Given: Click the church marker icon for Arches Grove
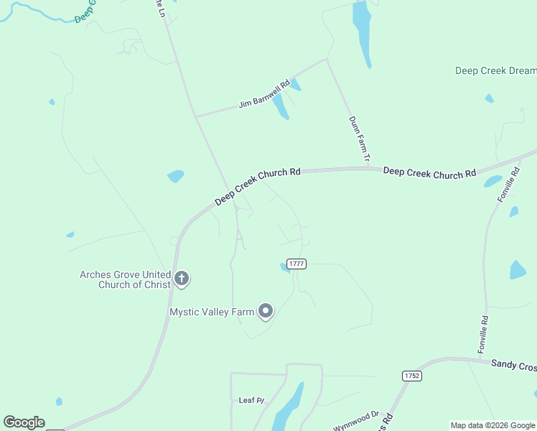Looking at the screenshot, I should pos(182,279).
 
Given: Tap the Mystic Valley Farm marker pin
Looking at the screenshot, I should pos(266,311).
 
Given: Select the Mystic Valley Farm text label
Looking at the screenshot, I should pos(212,312).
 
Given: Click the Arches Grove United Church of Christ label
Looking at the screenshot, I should pos(126,279).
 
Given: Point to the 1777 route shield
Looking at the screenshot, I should pos(296,264).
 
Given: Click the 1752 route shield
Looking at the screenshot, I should pos(411,376).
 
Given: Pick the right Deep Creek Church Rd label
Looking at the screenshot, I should pos(429,172).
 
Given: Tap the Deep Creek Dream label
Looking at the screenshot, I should pos(495,70).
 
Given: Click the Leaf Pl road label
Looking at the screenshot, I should pos(251,399).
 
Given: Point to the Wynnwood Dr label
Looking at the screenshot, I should pos(355,420).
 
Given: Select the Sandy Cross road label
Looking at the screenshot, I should pos(513,365).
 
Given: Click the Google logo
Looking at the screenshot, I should pos(24,422).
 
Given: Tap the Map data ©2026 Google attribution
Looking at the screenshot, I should pos(493,425).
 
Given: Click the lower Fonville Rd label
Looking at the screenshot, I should pos(483,335).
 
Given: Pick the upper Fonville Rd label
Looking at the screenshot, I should pos(509,185).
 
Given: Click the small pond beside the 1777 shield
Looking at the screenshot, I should pos(284,269).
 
